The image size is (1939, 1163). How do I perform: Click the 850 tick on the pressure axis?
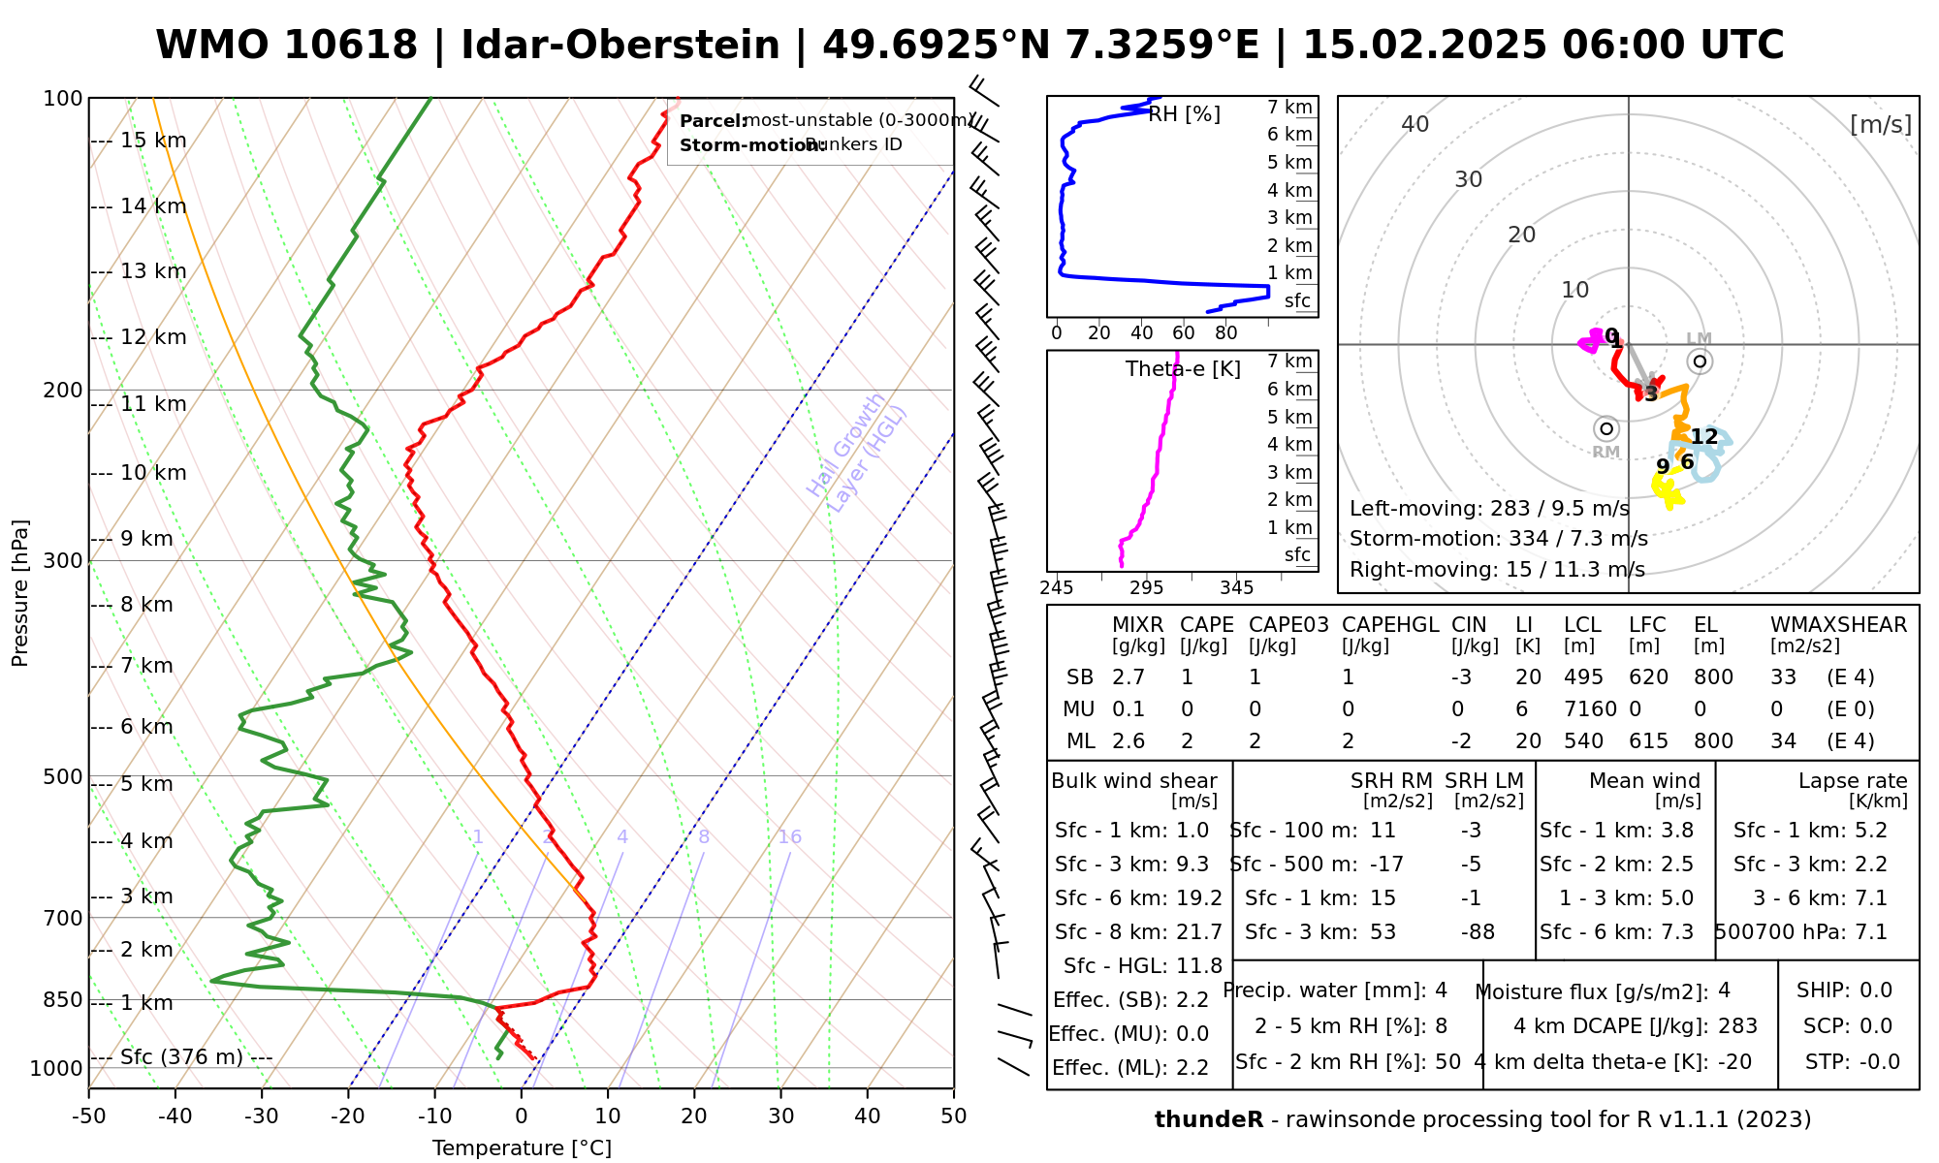pos(64,999)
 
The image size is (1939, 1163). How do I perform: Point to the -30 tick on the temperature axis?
pos(262,1116)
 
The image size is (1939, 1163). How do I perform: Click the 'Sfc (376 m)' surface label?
pos(181,1056)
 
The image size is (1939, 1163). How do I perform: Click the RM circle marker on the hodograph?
pos(1606,428)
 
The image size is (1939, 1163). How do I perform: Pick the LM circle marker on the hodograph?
pos(1700,361)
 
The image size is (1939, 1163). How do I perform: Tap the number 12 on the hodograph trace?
pos(1703,437)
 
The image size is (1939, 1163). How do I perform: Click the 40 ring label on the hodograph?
pos(1415,124)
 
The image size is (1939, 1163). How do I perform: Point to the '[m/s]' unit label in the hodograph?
pos(1880,124)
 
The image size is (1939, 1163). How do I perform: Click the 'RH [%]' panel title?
pos(1184,114)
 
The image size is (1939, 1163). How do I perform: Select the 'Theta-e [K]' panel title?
pos(1183,369)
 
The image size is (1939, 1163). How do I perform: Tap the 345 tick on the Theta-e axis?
pos(1236,588)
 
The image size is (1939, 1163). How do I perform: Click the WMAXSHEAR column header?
pos(1838,625)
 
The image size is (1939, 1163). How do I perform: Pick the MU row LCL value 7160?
pos(1590,709)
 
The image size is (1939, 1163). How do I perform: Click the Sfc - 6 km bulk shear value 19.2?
pos(1199,898)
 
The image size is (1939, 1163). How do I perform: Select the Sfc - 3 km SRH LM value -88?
pos(1478,932)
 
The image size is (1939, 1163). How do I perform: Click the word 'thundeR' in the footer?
pos(1209,1120)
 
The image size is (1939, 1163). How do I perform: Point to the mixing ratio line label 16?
pos(789,837)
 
